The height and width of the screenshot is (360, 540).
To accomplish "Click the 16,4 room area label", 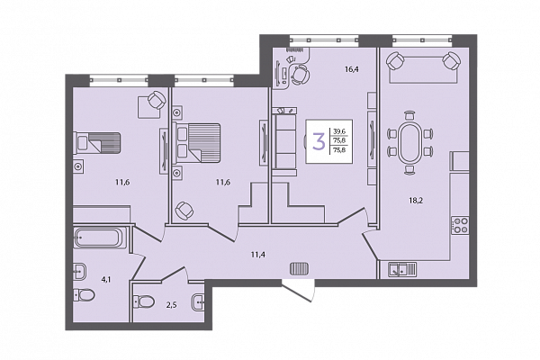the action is point(352,69).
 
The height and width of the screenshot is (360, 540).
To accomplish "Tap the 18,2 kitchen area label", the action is point(416,201).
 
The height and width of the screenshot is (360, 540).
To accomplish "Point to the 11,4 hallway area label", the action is point(258,255).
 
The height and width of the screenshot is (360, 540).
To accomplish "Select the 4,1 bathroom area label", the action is point(105,280).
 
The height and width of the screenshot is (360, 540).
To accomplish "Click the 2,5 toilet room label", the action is point(172,304).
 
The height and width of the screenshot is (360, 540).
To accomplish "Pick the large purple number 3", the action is point(319,141).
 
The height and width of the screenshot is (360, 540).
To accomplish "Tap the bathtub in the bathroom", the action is point(97,238).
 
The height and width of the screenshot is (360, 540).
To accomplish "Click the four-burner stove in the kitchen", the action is point(460,225).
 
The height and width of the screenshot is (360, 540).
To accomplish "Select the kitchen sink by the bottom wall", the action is point(402,269).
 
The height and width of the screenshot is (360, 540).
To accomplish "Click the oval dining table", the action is point(409,143).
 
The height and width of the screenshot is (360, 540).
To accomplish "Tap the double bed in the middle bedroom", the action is point(196,142).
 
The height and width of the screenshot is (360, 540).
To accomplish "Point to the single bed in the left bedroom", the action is point(97,142).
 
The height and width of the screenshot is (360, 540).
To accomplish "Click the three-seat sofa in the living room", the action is point(284,141).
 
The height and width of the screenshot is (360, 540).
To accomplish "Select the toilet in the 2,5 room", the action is point(144,301).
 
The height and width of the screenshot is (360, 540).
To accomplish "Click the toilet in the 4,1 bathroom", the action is point(84,295).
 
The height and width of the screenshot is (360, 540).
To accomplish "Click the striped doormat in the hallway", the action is point(300,269).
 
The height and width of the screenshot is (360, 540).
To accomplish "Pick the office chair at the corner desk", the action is point(300,75).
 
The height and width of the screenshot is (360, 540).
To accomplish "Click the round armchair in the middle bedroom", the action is point(184,211).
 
